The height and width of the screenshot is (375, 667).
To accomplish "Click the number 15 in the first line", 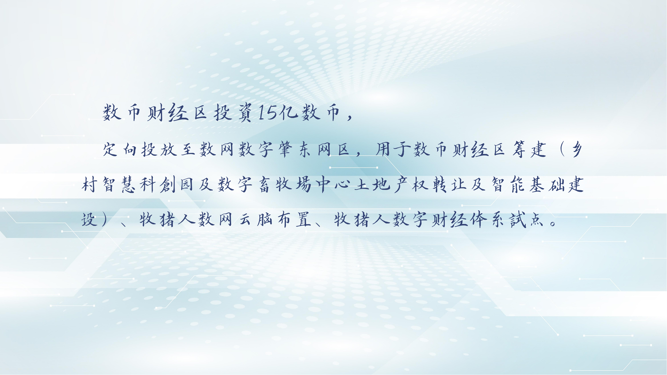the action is pos(269,113).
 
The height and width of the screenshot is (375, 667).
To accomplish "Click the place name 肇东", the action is pos(295,149).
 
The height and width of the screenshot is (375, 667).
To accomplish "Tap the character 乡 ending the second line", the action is pos(577,149).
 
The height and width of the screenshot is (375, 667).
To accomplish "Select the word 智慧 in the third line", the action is pos(119,184).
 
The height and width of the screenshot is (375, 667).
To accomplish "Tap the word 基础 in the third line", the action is pos(547,184).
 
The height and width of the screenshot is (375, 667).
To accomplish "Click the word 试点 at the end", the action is pos(527,219).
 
